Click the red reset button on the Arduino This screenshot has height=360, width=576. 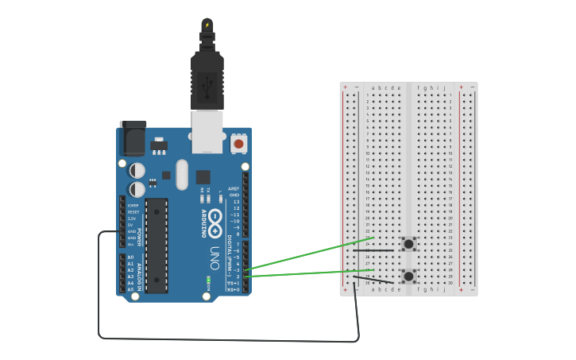(x=238, y=144)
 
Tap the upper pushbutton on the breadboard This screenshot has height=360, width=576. (x=408, y=243)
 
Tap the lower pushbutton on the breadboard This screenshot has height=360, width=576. (x=408, y=277)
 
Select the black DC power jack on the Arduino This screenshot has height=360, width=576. (x=133, y=138)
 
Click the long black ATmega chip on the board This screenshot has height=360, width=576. (x=157, y=246)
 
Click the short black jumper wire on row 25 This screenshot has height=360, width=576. (x=373, y=250)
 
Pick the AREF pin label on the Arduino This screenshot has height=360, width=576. (x=234, y=189)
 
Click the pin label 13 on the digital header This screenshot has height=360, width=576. (x=236, y=202)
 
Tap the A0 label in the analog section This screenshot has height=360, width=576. (x=130, y=257)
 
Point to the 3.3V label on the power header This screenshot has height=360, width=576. (x=133, y=219)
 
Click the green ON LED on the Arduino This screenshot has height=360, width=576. (x=208, y=279)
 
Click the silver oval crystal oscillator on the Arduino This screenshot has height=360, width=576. (x=182, y=174)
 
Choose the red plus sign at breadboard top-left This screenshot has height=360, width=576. (x=345, y=87)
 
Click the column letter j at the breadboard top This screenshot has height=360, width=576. (x=444, y=87)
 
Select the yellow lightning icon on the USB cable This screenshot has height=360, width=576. (x=207, y=25)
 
